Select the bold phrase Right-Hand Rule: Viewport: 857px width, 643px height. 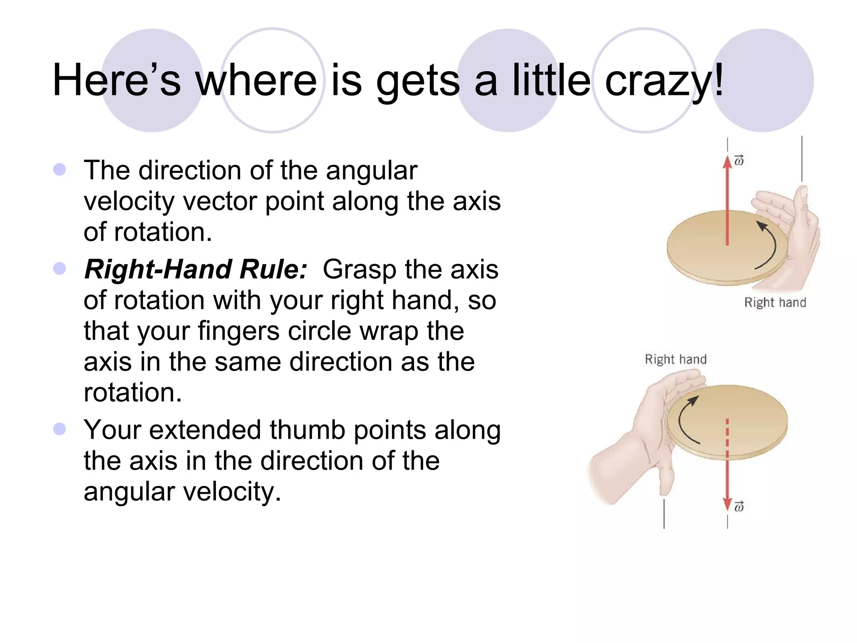pyautogui.click(x=195, y=269)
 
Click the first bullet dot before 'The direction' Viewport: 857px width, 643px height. pyautogui.click(x=60, y=170)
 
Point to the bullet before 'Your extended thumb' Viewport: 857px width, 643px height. pyautogui.click(x=60, y=429)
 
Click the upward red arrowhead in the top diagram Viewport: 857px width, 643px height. pyautogui.click(x=727, y=162)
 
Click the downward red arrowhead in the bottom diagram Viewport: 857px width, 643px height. pyautogui.click(x=727, y=504)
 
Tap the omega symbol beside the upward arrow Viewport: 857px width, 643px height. pyautogui.click(x=739, y=160)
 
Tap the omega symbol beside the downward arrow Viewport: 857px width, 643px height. pyautogui.click(x=739, y=507)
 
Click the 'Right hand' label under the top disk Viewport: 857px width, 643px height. pyautogui.click(x=775, y=302)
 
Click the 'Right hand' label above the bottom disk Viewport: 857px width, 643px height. pyautogui.click(x=675, y=359)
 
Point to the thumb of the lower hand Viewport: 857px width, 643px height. pyautogui.click(x=666, y=479)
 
